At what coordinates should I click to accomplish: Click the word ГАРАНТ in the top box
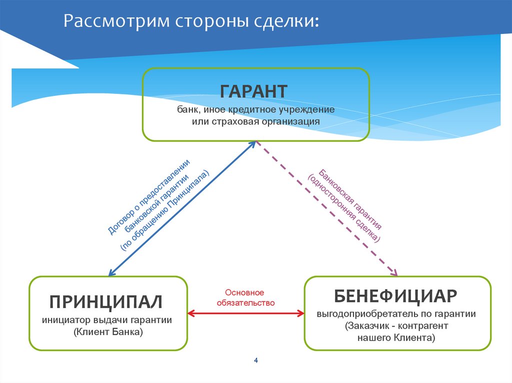tap(253, 91)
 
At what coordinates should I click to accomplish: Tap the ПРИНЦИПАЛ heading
tap(106, 302)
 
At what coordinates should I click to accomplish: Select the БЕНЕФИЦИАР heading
tap(395, 296)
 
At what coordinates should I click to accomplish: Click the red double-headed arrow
tap(245, 314)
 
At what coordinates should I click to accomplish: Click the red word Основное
tap(244, 292)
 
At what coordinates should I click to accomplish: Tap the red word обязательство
tap(245, 303)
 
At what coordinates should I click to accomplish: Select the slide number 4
tap(256, 361)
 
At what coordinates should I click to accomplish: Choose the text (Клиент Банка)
tap(107, 331)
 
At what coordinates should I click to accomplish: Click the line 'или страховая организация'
tap(255, 121)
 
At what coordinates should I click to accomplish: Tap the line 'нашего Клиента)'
tap(396, 338)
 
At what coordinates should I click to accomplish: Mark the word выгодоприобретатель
tap(361, 314)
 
